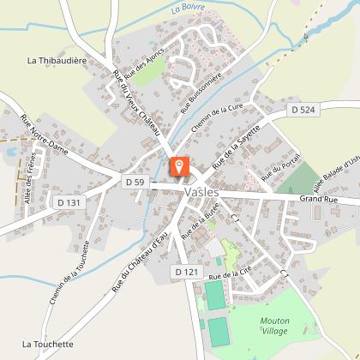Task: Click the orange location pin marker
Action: pos(179,166)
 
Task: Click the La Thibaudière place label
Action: pos(57,61)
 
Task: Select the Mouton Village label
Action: pos(274,327)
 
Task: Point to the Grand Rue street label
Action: pos(318,198)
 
